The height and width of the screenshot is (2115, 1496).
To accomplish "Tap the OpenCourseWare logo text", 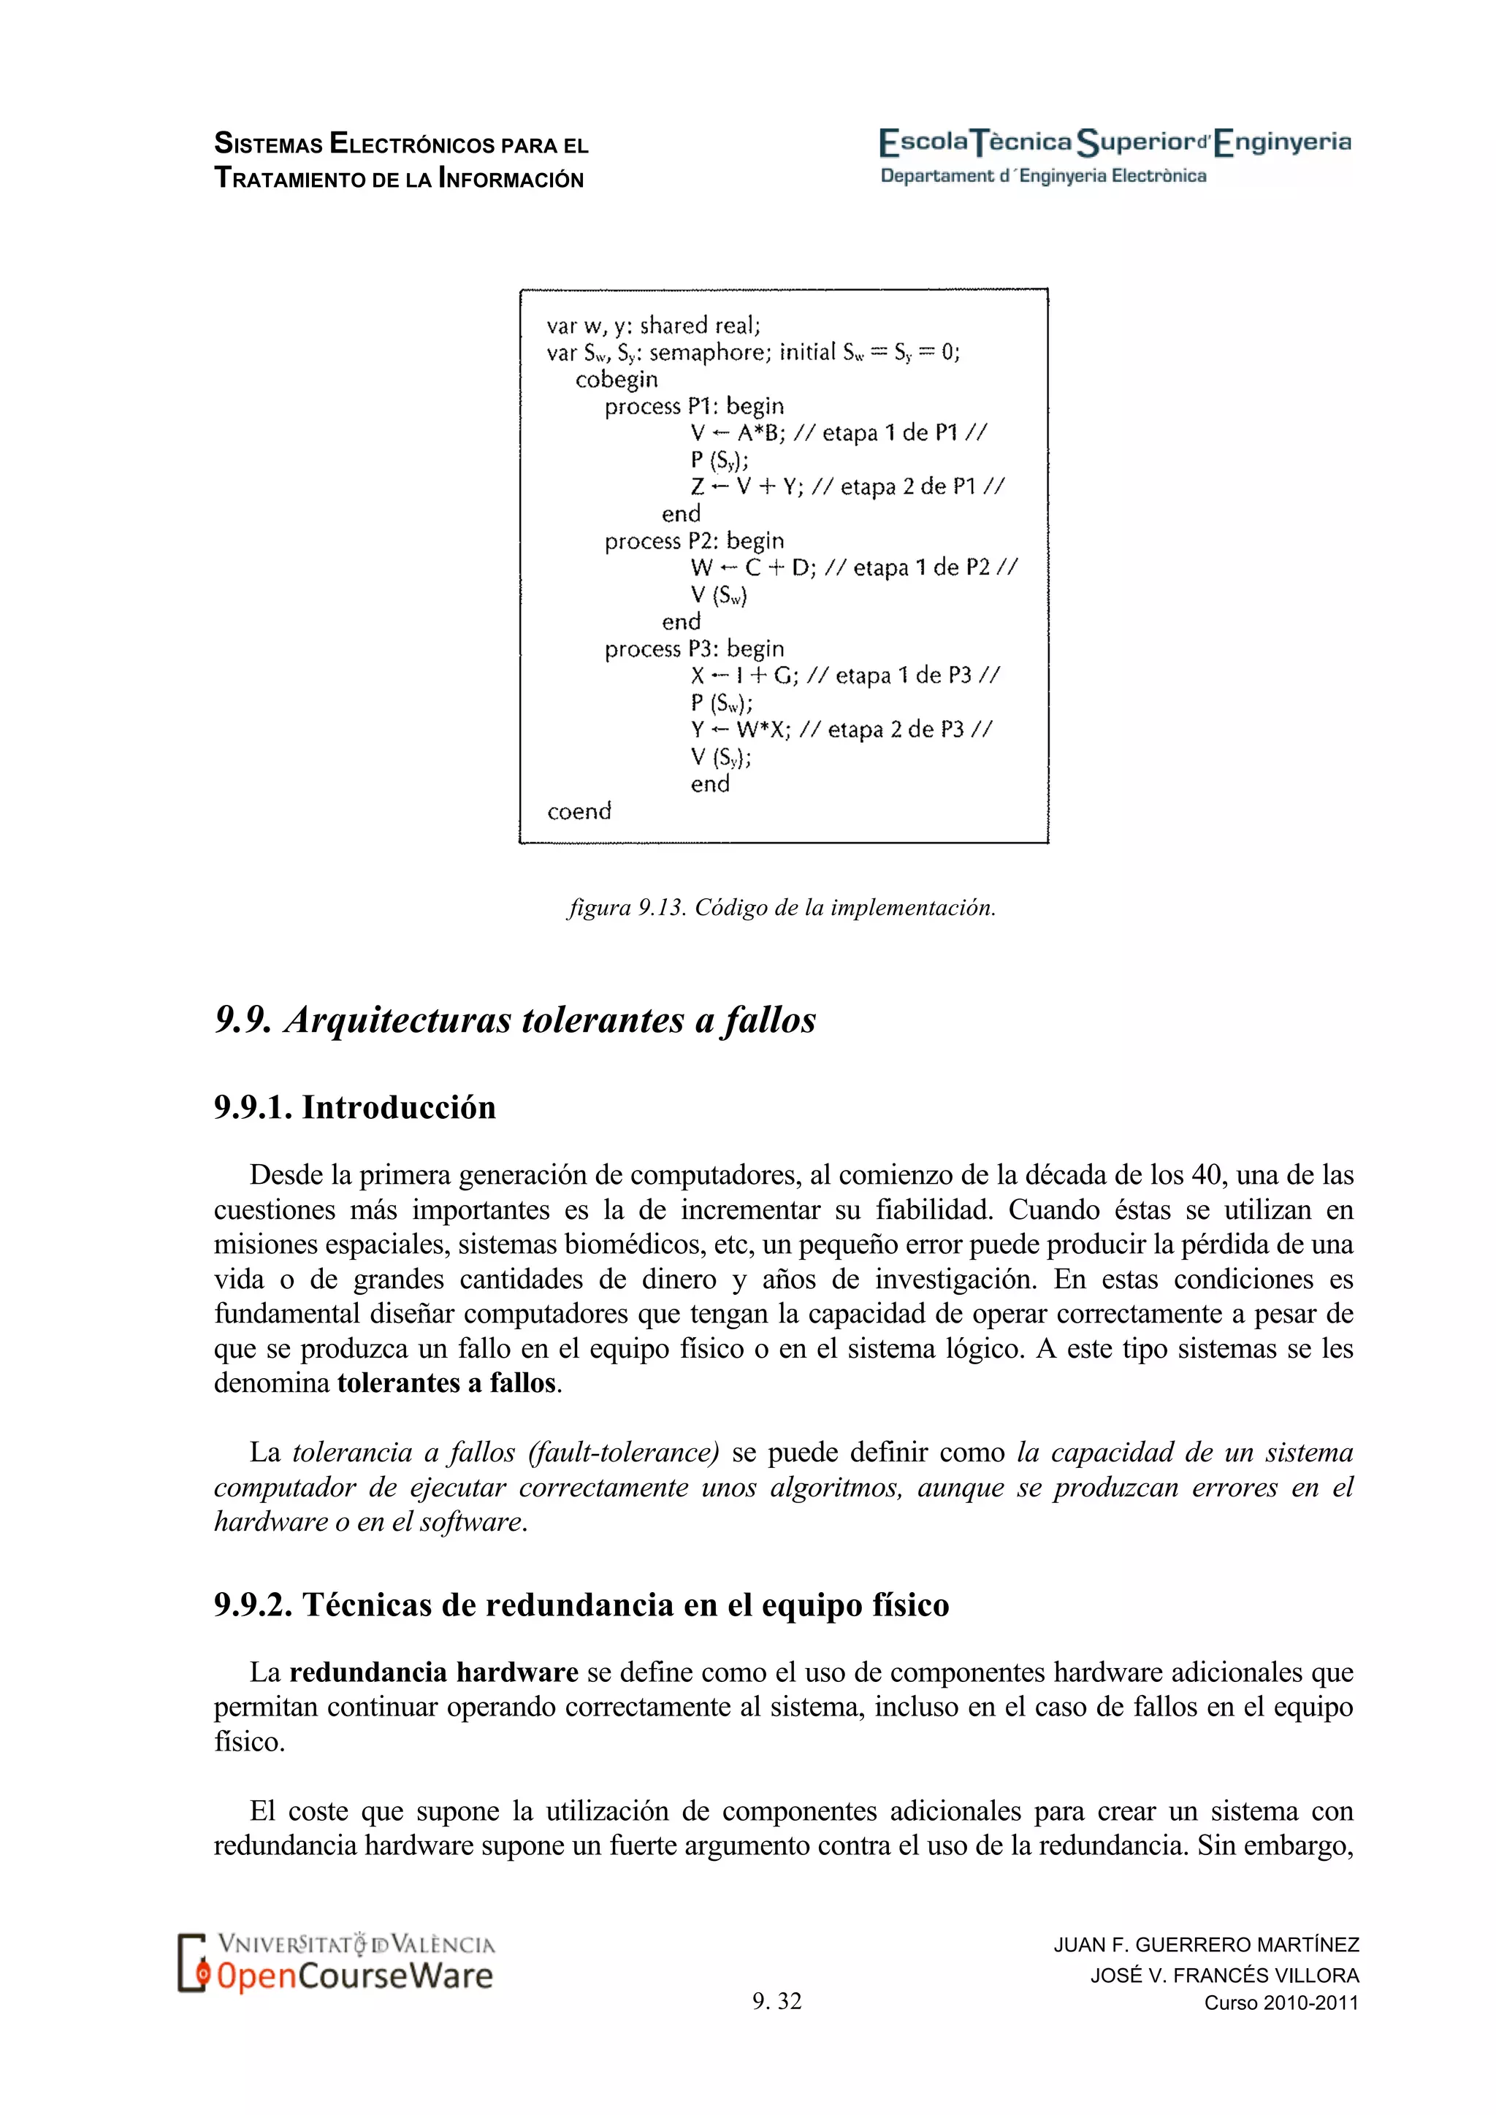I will coord(355,1976).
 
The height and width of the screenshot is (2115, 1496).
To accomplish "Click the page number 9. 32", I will coord(776,2001).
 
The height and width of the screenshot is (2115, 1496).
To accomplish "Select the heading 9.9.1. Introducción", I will coord(355,1107).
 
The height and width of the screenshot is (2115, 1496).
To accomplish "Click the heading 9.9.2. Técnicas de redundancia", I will coord(581,1605).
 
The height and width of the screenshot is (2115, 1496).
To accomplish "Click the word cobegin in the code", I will coord(617,380).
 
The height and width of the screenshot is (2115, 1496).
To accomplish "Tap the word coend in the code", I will coord(579,811).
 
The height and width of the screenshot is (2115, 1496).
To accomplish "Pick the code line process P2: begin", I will coord(694,540).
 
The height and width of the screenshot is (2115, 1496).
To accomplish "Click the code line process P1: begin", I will coord(694,406).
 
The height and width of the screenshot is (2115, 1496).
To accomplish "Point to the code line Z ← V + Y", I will coord(746,486).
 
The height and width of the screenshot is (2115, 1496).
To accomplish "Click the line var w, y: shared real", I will coord(653,325).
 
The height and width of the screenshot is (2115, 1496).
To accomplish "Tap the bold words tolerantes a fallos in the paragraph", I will coord(447,1382).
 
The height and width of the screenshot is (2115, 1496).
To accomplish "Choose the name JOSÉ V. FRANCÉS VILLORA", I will coord(1224,1975).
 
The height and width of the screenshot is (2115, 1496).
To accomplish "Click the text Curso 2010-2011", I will coord(1281,2003).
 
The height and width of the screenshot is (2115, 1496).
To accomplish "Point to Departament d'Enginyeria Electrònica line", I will coord(1043,176).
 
